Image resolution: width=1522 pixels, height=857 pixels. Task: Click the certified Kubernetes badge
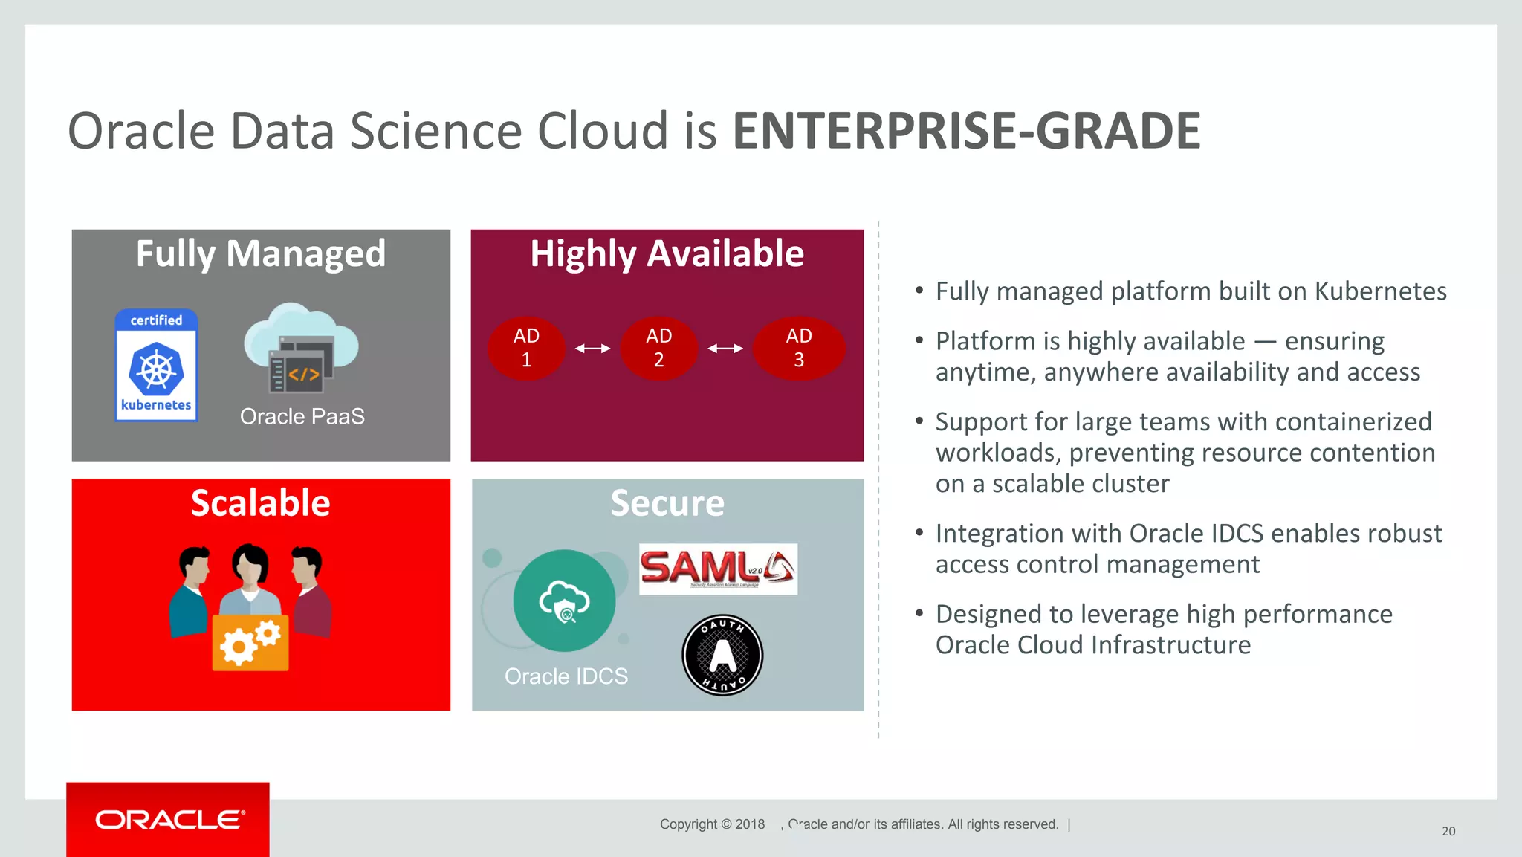[156, 365]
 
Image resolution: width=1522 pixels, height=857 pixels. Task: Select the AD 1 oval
[526, 348]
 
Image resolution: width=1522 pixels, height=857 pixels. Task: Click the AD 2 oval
[658, 348]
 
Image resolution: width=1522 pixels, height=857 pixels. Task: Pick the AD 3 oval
[799, 348]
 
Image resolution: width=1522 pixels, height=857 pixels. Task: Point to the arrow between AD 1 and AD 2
[592, 348]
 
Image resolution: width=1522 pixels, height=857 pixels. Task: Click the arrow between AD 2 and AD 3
[725, 348]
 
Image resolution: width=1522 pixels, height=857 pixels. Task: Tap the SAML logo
[718, 569]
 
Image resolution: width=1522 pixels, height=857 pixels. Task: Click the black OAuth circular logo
[722, 655]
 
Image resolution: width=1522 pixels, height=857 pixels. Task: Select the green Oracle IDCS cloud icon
[564, 601]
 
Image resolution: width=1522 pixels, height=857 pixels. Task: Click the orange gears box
[250, 643]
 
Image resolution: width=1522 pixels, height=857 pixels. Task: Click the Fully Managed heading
[261, 253]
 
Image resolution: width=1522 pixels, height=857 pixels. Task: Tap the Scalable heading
[260, 503]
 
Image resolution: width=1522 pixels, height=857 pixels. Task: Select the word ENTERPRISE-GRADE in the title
[966, 131]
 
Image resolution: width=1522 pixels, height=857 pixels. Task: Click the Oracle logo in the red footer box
[169, 820]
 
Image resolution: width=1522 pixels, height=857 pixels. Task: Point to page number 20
[1448, 831]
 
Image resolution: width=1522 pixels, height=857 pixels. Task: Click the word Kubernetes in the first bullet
[1380, 291]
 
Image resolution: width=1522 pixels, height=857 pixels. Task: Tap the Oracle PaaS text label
[302, 416]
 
